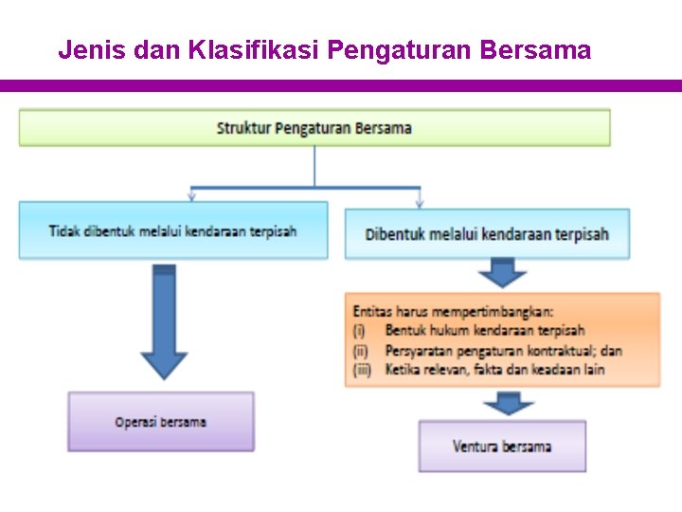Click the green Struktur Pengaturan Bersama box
(x=314, y=128)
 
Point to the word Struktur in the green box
(x=243, y=128)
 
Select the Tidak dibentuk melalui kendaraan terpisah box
(x=173, y=230)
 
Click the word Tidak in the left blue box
(x=64, y=230)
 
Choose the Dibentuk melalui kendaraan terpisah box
(x=487, y=234)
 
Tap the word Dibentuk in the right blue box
(x=395, y=234)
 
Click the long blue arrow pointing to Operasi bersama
(x=164, y=320)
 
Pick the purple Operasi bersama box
(x=161, y=422)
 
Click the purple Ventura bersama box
(x=502, y=446)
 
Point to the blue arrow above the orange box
(x=502, y=274)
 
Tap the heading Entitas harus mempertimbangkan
(x=454, y=310)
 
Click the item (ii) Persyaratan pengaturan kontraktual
(x=487, y=351)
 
